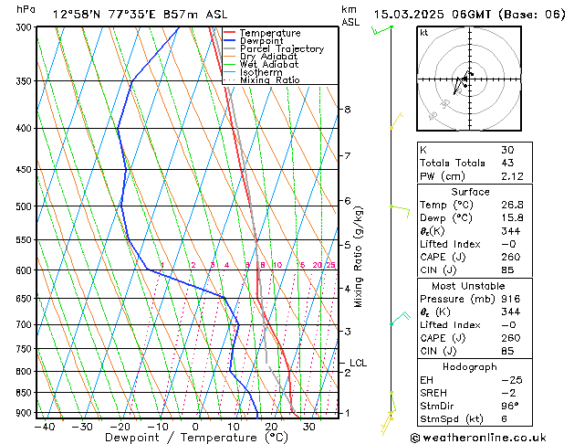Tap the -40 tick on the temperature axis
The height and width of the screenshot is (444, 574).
tap(44, 427)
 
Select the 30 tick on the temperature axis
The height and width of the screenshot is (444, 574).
tap(309, 427)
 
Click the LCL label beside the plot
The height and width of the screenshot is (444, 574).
tap(358, 363)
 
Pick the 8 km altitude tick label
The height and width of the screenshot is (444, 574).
tap(347, 110)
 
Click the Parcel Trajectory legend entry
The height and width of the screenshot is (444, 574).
tap(281, 48)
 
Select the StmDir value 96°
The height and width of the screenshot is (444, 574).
tap(509, 405)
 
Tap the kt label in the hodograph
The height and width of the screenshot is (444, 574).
tap(423, 32)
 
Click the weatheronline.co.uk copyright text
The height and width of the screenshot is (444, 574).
tap(493, 437)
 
